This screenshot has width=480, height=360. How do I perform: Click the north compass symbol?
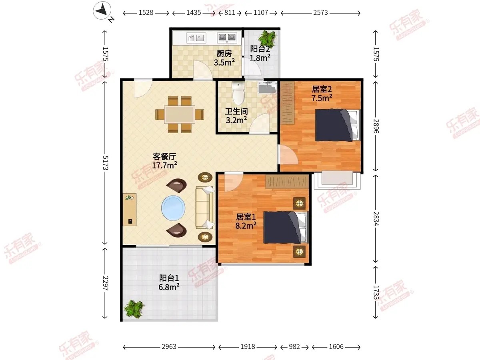coord(102,11)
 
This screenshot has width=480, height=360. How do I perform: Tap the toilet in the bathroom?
coord(238,93)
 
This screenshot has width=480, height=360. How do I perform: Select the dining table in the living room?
coord(180,114)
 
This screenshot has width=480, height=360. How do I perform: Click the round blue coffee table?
coord(173,208)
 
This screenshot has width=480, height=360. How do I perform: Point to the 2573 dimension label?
coord(320,13)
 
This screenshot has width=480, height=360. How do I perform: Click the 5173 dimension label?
coord(106,163)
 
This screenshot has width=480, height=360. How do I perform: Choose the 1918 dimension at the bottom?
coord(248,347)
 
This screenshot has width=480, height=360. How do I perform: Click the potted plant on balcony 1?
coord(134,309)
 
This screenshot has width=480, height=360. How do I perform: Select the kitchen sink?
coord(196,38)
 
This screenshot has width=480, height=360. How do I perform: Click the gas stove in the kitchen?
coord(227,38)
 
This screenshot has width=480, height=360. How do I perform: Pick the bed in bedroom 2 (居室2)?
coord(338,125)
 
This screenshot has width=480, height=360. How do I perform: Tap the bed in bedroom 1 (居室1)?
coord(286,227)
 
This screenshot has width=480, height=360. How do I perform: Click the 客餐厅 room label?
coord(164,156)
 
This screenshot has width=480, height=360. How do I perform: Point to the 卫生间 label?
coord(236,112)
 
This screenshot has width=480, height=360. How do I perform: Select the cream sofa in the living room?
coord(205,208)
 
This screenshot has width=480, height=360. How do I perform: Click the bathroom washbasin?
coord(267,88)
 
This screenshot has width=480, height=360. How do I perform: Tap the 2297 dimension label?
coord(106,284)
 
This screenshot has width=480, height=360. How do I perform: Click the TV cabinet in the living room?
coord(130,209)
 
